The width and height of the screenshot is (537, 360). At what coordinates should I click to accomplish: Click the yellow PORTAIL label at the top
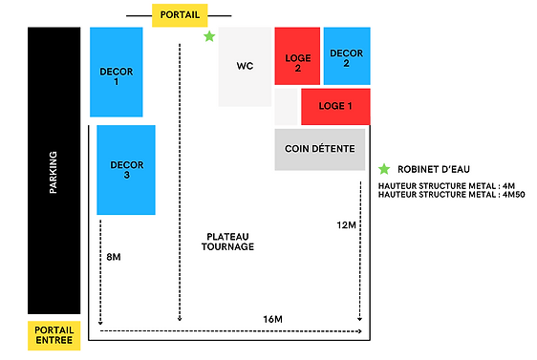[x=179, y=16]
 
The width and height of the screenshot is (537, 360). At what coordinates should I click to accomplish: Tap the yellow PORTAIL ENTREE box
[x=53, y=335]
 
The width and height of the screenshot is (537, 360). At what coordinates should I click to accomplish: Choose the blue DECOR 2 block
[x=346, y=57]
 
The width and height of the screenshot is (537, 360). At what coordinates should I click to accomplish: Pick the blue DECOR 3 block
[x=126, y=170]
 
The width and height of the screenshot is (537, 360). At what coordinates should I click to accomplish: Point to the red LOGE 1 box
[x=335, y=106]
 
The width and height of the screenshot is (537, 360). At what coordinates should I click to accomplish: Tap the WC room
[x=245, y=67]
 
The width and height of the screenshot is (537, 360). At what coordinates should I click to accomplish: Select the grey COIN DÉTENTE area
[x=319, y=149]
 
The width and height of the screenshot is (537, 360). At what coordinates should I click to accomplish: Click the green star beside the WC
[x=209, y=36]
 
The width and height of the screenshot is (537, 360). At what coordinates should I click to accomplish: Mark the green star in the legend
[x=384, y=168]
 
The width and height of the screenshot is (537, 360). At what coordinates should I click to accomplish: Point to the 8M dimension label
[x=113, y=257]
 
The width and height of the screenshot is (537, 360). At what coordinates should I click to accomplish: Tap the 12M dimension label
[x=347, y=224]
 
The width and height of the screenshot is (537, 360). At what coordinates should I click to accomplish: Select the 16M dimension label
[x=274, y=318]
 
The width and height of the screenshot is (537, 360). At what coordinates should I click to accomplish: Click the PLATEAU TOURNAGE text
[x=227, y=241]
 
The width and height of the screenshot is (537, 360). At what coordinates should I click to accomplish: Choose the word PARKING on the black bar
[x=54, y=172]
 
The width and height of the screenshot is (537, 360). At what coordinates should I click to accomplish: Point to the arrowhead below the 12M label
[x=360, y=318]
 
